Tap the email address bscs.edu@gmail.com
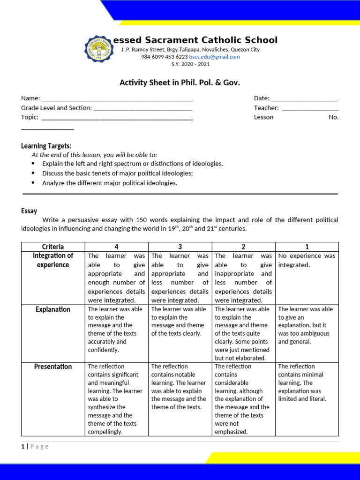tap(214, 57)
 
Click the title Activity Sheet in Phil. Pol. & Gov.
tap(180, 82)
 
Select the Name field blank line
tap(117, 99)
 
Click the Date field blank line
tap(304, 99)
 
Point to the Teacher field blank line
tap(310, 109)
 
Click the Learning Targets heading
tap(46, 146)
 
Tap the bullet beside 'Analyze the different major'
tap(33, 183)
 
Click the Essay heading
tap(29, 211)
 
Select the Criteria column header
tap(53, 247)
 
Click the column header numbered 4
tap(116, 247)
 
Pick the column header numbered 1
tap(307, 247)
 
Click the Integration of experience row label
tap(53, 260)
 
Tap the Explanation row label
tap(53, 309)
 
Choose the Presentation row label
tap(53, 367)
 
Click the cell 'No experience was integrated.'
tap(307, 260)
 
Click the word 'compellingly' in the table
tap(105, 432)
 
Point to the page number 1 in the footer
tap(22, 446)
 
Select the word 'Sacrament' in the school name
tap(175, 40)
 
